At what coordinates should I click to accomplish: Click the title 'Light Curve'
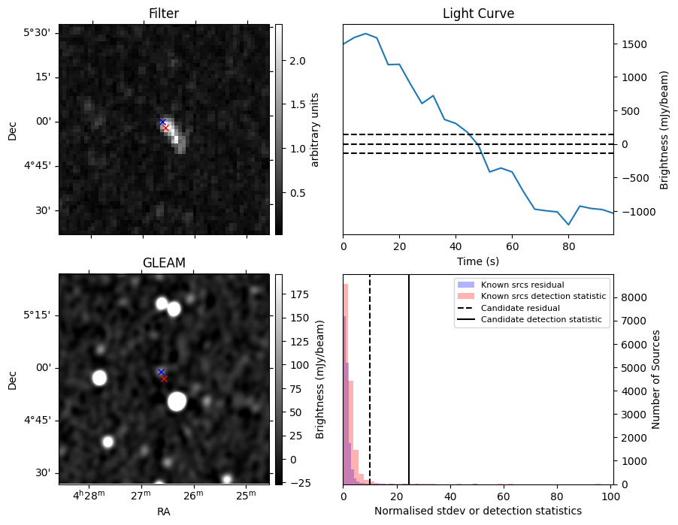pos(478,14)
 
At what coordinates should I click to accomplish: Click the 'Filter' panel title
pos(163,14)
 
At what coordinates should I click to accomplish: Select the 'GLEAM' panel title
pos(163,263)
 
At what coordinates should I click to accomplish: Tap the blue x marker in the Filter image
pos(162,122)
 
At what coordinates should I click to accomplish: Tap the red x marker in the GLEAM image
pos(164,379)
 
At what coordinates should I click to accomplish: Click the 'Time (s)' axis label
pos(478,261)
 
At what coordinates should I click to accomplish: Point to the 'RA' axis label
pos(163,511)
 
